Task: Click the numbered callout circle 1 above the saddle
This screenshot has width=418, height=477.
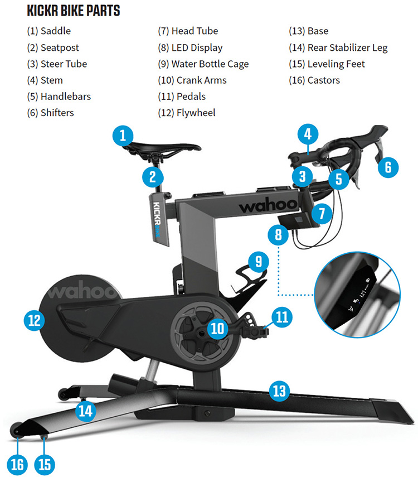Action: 123,135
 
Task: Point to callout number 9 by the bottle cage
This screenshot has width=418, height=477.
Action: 257,261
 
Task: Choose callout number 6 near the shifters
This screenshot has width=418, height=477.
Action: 388,166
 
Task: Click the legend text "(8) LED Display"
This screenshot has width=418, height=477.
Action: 190,48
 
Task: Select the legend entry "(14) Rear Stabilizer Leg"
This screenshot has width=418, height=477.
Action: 338,48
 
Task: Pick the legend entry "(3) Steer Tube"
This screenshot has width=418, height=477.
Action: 56,64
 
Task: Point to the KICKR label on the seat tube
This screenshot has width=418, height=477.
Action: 157,219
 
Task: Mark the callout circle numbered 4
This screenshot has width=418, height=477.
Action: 307,134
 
